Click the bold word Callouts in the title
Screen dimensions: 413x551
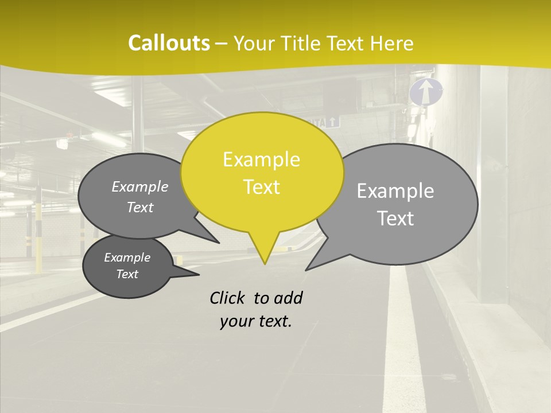coord(169,43)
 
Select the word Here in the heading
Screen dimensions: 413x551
coord(392,43)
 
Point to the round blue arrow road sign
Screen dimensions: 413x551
coord(426,92)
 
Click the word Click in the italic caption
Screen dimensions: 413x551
coord(228,298)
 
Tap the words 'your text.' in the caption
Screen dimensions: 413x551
coord(256,322)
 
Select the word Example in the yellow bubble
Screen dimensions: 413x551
coord(261,159)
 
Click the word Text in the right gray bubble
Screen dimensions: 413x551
coord(395,219)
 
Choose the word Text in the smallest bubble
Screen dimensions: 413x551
coord(127,274)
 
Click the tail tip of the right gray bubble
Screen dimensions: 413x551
coord(307,268)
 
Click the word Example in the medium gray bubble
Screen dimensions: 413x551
coord(139,186)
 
